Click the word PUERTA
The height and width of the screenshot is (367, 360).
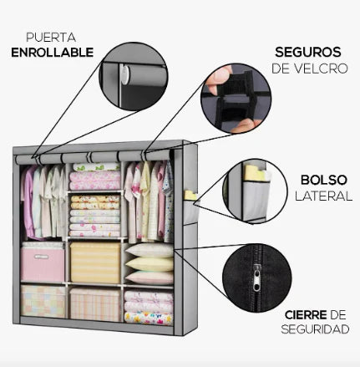51,38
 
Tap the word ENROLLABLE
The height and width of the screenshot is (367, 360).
53,53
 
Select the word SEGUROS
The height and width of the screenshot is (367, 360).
308,52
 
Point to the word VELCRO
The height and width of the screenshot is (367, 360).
321,69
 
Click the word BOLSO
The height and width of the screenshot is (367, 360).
324,180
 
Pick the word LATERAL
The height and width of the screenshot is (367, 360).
323,196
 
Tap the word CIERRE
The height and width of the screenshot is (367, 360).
306,315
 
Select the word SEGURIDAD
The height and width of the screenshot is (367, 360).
315,329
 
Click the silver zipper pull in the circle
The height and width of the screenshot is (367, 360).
256,278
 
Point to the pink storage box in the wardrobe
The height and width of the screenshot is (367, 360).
43,263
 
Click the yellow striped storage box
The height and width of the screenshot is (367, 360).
95,263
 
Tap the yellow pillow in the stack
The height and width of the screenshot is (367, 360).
150,264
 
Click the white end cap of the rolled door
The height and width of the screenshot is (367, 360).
124,75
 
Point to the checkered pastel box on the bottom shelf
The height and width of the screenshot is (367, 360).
43,301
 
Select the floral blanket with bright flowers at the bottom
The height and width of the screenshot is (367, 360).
149,319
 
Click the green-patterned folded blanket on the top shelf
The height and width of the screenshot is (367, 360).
96,166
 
